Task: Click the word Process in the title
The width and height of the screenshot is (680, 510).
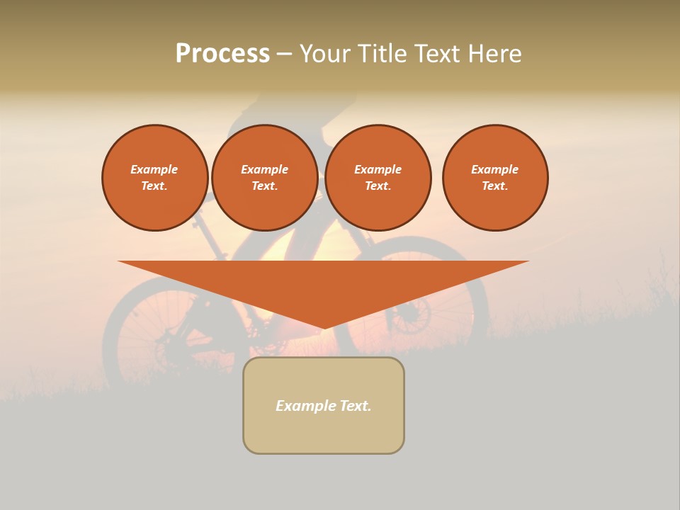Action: [222, 54]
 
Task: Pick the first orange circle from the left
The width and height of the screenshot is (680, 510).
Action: [154, 178]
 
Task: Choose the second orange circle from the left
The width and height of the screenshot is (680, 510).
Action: [264, 178]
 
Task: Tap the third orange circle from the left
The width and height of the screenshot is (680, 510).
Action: [378, 178]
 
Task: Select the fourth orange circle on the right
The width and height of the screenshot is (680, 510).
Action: [495, 178]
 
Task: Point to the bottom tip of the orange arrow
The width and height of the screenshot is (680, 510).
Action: [324, 327]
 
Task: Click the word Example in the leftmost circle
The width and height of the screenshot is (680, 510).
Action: [154, 169]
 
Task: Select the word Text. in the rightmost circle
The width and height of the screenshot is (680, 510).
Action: [495, 186]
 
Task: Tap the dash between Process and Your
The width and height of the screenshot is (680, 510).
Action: [284, 54]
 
